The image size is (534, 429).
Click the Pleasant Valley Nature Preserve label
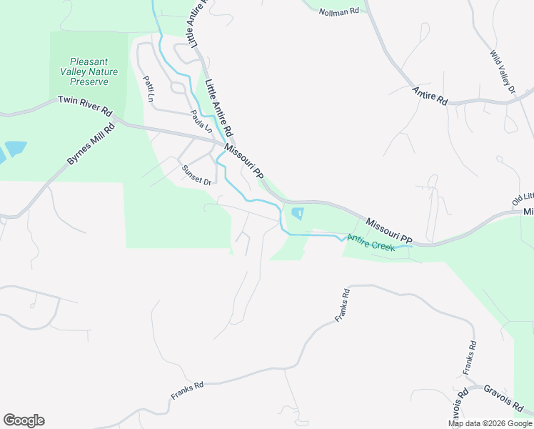(89, 71)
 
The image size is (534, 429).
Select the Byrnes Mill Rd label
(91, 146)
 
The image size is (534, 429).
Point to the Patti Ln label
(149, 87)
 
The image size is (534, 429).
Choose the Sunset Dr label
(196, 176)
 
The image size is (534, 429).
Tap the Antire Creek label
(371, 242)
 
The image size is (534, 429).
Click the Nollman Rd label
(338, 13)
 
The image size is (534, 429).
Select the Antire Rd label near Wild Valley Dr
(430, 96)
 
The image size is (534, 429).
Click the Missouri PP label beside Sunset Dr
(244, 161)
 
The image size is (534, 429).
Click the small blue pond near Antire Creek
(297, 213)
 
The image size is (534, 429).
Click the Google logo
(24, 420)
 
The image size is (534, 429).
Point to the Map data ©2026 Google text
(490, 423)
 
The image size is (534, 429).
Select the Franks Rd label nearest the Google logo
(187, 390)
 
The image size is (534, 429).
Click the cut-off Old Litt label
(523, 199)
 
